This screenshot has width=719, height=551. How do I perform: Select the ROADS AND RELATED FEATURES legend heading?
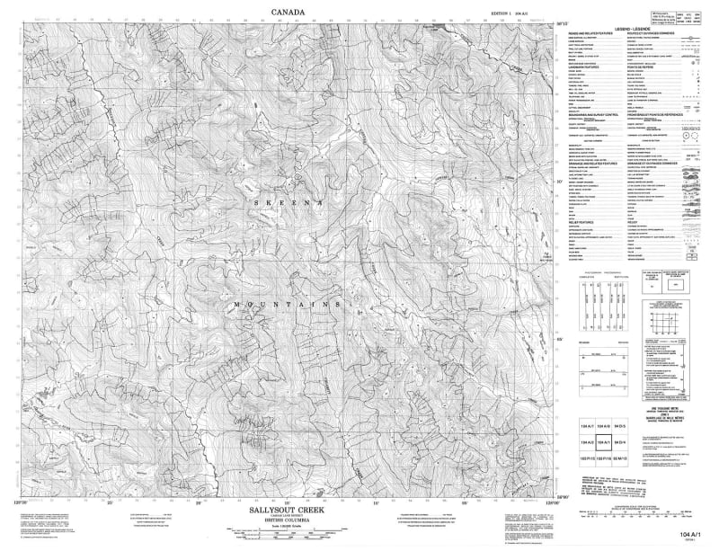593,35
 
